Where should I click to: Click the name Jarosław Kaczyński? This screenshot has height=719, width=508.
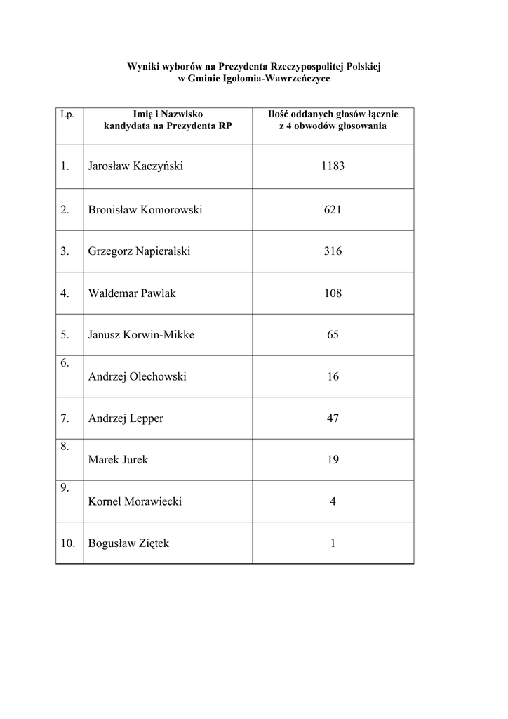135,167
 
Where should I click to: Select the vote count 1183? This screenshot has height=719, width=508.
333,167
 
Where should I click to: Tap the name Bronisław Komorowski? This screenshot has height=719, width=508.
145,209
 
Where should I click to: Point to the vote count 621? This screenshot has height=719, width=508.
333,209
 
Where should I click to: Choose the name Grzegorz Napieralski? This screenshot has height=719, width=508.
139,251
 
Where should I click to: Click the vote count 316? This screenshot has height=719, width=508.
333,251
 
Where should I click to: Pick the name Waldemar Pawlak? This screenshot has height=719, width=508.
132,293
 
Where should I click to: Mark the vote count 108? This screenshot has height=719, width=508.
333,293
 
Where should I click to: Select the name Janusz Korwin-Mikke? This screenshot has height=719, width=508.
141,335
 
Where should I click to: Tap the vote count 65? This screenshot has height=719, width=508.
333,335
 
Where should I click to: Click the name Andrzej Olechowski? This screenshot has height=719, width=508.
137,377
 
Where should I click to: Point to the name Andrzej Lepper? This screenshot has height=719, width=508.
126,418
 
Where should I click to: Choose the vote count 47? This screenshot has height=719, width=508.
333,418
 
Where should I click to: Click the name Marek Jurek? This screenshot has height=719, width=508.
118,461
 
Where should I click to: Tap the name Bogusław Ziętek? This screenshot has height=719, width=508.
128,543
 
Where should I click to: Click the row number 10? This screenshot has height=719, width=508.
67,543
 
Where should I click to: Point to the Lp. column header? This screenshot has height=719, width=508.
67,114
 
